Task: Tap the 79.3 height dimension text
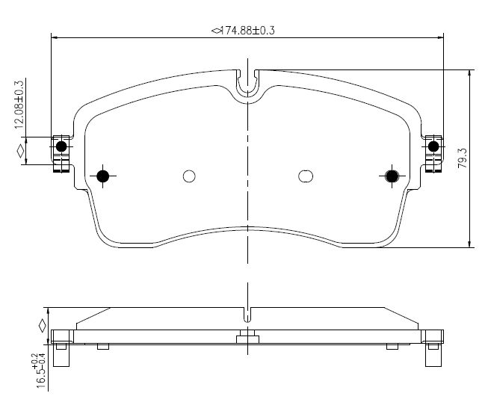point(463,158)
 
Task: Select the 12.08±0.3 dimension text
point(19,105)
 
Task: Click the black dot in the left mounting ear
point(61,146)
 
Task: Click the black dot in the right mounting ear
point(433,146)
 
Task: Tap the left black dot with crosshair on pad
point(102,176)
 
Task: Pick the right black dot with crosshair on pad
point(392,176)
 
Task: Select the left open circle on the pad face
point(189,176)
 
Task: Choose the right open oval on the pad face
point(306,176)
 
